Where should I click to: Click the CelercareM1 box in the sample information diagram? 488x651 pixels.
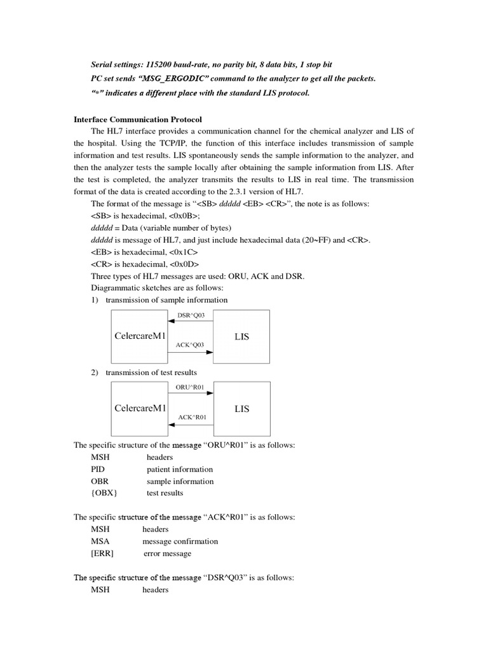click(139, 336)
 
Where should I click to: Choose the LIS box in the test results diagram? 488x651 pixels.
click(241, 409)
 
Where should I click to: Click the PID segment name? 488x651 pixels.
click(98, 469)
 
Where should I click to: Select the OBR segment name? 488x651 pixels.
click(100, 481)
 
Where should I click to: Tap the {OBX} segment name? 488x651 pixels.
click(104, 493)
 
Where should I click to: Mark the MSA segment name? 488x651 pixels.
click(100, 542)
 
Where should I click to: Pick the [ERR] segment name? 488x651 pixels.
click(104, 554)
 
